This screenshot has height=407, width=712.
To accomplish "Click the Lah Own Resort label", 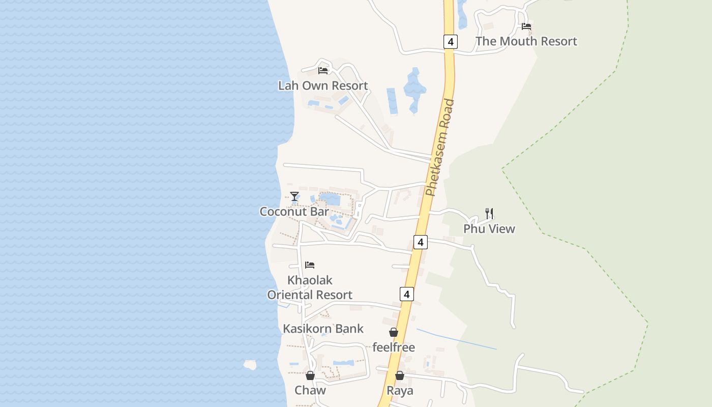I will pos(323,85).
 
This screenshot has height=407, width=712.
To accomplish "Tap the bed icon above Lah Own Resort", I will pos(323,71).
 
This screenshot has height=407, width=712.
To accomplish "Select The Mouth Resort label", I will pos(526,41).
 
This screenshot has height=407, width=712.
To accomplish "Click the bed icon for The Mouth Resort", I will pos(526,26).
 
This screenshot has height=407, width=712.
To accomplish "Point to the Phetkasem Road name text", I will pos(440,148).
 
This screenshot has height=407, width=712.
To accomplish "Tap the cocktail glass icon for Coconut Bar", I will pos(294,196).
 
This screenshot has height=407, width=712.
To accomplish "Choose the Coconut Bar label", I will pos(294,211).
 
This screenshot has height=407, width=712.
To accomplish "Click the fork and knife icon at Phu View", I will pos(489,214).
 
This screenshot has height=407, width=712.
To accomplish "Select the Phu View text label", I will pos(489,229).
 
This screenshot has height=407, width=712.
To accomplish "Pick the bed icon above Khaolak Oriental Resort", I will pos(310,265).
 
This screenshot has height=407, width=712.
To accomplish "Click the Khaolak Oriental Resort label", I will pos(310,287).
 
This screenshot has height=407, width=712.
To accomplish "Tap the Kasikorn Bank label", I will pos(323,329).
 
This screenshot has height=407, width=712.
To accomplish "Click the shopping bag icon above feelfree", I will pos(394,333).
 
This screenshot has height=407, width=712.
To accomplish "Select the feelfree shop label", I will pos(394,347).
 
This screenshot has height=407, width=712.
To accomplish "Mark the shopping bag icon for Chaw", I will pos(310,376).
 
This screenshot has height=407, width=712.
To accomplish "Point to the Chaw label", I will pos(310,391).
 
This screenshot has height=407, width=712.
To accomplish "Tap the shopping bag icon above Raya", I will pos(400,376).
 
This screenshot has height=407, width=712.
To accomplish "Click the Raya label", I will pos(400,391).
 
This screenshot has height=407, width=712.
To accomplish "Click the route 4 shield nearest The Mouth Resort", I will pos(450,41).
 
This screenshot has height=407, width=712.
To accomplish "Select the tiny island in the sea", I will pos(250,364).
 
